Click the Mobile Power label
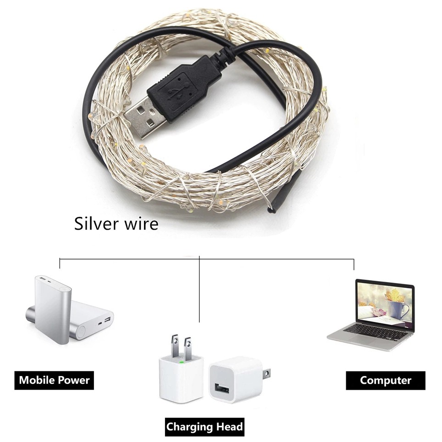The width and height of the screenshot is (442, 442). (x=54, y=380)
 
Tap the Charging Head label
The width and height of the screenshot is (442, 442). (x=204, y=427)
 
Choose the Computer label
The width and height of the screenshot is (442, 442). (x=385, y=381)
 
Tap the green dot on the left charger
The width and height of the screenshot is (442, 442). (x=181, y=361)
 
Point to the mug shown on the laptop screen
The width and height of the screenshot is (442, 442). (x=398, y=309)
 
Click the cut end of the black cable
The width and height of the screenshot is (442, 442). (x=271, y=210)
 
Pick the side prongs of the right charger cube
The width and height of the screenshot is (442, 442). (x=267, y=374)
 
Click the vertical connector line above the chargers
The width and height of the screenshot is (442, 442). (x=199, y=289)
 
